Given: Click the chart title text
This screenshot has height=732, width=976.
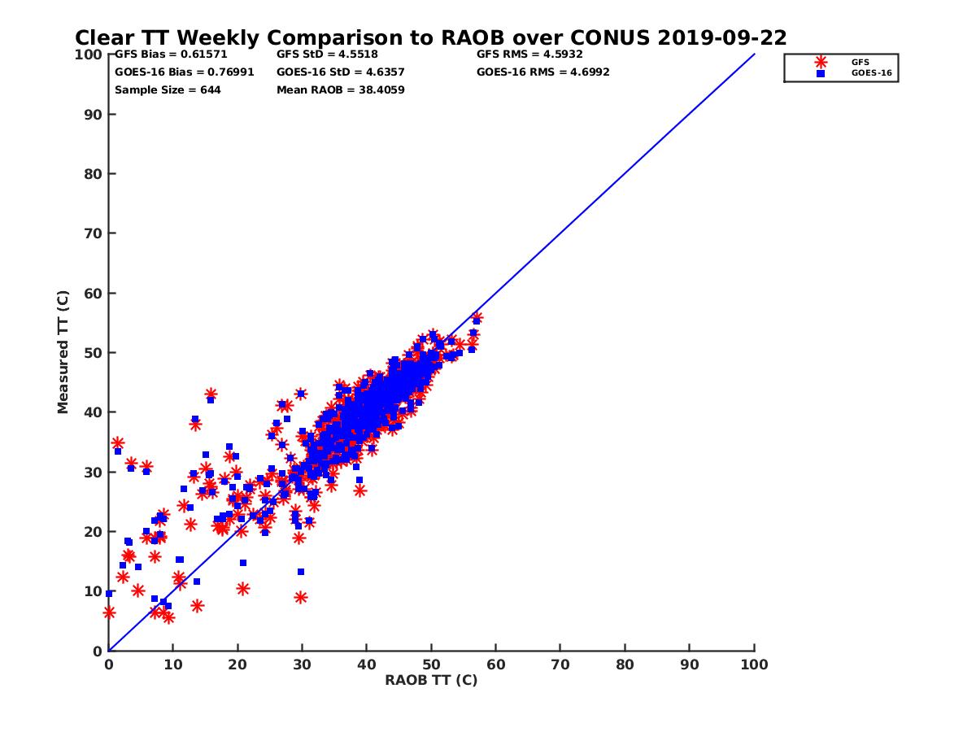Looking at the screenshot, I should [430, 37].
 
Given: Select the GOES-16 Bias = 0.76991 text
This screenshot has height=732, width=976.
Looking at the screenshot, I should [185, 72].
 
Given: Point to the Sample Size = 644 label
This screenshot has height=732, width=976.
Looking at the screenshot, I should [168, 89].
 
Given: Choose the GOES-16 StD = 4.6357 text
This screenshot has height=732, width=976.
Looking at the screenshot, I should [341, 72].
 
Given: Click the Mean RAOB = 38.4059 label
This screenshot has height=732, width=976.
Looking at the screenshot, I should [341, 89].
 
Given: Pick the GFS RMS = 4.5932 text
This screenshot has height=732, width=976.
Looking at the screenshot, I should [529, 54].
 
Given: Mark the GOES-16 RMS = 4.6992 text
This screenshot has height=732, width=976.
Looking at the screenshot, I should [543, 72].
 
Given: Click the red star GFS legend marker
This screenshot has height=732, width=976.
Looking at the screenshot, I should [821, 62].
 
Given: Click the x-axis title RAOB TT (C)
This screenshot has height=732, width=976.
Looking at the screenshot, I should [431, 680].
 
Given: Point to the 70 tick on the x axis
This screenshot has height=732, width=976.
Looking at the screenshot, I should [560, 664].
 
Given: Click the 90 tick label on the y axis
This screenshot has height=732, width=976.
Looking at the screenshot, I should [93, 114].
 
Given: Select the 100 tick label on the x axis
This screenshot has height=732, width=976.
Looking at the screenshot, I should [754, 664].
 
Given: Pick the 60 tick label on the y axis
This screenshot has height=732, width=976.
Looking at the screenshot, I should [93, 293].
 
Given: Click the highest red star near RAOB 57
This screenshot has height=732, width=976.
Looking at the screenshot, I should [477, 318].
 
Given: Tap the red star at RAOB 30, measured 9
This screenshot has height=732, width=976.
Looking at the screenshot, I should [301, 597].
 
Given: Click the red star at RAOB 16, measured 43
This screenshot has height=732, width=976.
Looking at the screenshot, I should [211, 394].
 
